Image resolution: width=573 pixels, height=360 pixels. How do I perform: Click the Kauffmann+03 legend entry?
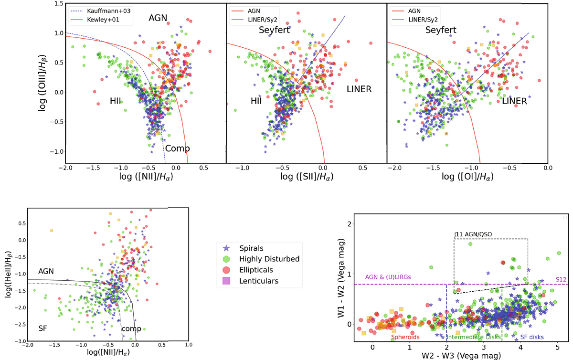coord(103,9)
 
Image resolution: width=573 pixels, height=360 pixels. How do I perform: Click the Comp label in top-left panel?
coord(177,148)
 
